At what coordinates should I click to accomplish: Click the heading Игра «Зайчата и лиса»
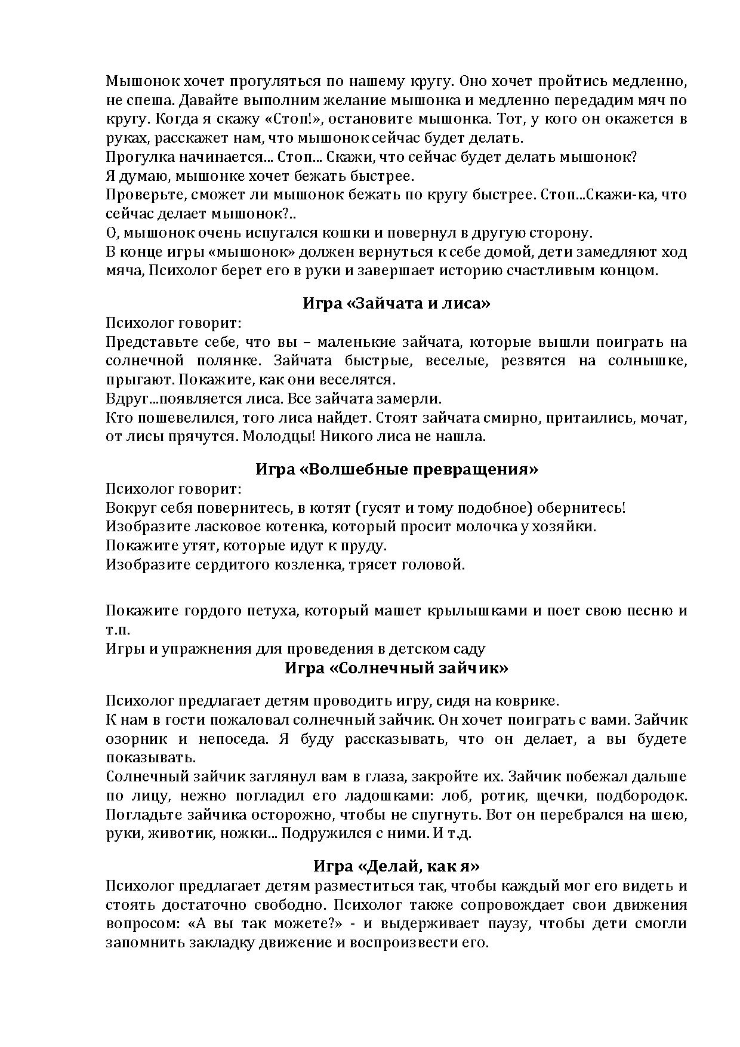tap(396, 303)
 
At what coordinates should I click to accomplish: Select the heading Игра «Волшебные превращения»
tap(396, 469)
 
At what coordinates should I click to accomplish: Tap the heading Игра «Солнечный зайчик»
tap(396, 667)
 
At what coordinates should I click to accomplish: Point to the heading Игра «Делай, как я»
tap(396, 866)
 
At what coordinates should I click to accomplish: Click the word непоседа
tap(230, 738)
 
